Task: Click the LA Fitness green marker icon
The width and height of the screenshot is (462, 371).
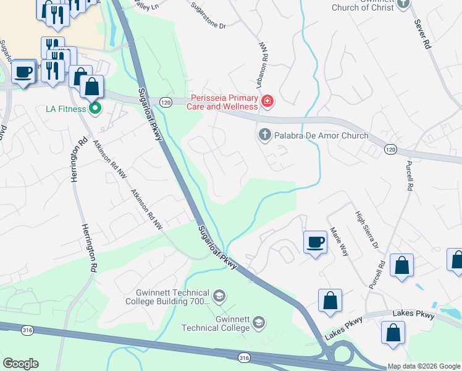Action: [x=95, y=109]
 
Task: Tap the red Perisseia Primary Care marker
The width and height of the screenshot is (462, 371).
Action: [x=267, y=101]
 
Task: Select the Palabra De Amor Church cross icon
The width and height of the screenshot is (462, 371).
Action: [x=264, y=135]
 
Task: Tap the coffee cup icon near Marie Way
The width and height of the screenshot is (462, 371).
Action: [x=315, y=241]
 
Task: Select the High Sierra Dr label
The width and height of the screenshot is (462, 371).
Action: [x=366, y=231]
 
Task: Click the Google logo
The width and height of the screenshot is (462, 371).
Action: [x=20, y=364]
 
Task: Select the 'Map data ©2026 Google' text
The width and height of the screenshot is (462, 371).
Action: [x=423, y=366]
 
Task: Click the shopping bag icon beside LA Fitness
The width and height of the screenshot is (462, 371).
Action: [x=91, y=87]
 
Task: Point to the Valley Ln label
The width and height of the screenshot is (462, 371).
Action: [x=146, y=5]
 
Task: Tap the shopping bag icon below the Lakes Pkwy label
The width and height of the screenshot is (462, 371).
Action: [x=393, y=333]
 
